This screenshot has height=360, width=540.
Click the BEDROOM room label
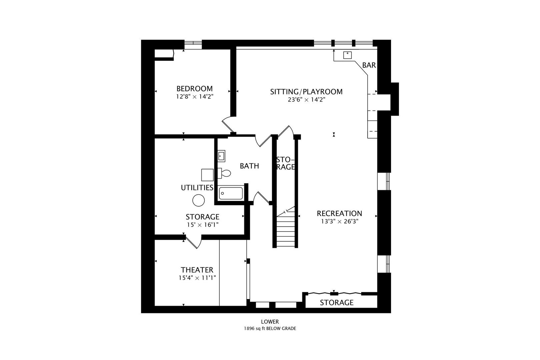point(195,88)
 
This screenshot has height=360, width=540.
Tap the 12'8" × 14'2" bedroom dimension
point(195,97)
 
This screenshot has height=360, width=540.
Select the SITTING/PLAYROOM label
point(306,92)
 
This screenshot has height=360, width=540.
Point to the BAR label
point(369,65)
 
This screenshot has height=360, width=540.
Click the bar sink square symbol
point(347,55)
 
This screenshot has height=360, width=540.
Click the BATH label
point(249,166)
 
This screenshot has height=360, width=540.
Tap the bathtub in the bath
point(231,193)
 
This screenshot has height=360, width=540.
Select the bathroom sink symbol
point(221,156)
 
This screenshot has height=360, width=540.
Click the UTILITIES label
point(197,188)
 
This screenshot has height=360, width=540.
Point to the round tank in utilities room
point(199,200)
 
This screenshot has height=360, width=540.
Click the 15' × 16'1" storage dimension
point(203,225)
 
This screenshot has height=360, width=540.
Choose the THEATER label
point(197,270)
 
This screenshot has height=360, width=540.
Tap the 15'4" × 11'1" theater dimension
point(197,278)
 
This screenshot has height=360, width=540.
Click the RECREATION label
point(339,213)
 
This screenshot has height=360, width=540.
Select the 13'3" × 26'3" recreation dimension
point(339,221)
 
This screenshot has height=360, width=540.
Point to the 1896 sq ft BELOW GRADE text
point(270,328)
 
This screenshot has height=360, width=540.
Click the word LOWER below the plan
point(270,322)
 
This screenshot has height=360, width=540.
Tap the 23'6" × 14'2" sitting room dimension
point(306,100)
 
